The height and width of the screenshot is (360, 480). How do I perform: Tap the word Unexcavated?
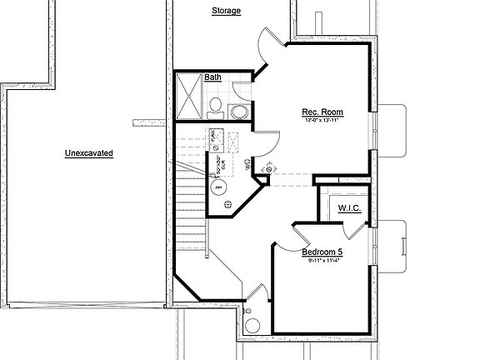(x=88, y=153)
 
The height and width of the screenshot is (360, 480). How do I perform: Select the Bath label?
(x=213, y=77)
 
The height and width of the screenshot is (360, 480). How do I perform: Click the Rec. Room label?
(x=322, y=112)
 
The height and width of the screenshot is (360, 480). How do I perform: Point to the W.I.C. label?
(x=349, y=207)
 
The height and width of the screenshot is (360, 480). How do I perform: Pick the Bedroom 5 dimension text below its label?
(x=324, y=261)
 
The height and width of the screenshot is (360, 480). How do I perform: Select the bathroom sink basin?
(x=239, y=112)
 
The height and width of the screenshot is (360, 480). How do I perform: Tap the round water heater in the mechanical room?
(x=221, y=187)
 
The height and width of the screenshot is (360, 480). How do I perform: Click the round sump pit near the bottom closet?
(x=253, y=326)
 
